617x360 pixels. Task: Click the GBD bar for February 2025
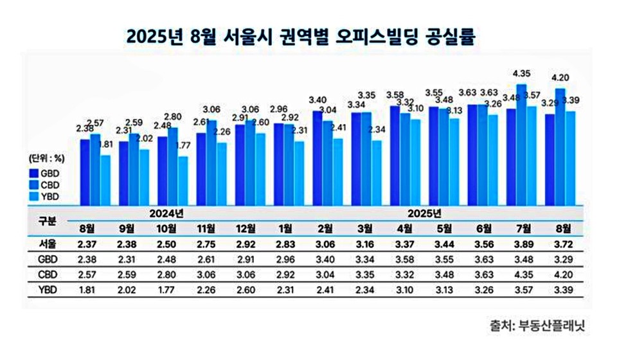click(317, 157)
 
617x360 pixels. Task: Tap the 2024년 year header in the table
click(166, 213)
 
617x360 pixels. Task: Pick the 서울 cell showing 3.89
click(522, 244)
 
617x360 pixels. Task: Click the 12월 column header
click(244, 228)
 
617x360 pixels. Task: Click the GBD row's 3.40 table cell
click(325, 258)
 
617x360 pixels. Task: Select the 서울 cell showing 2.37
click(88, 244)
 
